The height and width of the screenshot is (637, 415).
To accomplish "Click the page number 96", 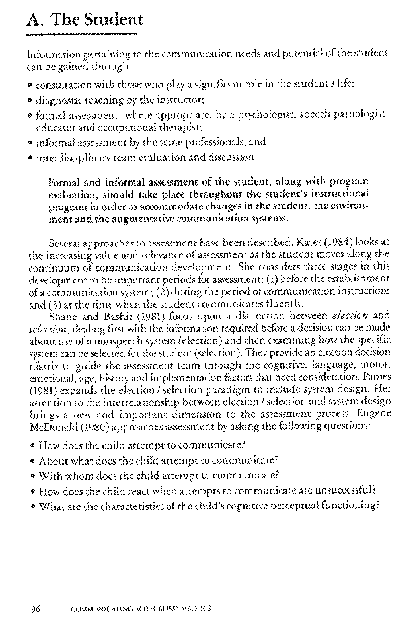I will pos(36,608).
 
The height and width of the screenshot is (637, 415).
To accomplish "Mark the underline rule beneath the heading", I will pos(83,34).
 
